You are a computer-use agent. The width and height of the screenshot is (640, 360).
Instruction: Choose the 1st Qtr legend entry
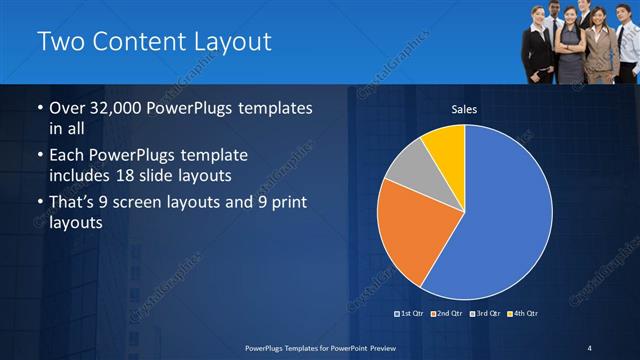click(411, 314)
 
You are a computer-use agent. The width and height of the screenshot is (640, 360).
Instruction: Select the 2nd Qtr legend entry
click(447, 314)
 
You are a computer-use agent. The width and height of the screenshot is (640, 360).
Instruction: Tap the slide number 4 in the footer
click(590, 347)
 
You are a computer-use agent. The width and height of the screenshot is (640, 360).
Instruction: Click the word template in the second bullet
click(211, 156)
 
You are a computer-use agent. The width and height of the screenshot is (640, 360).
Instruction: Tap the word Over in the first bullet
click(68, 107)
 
